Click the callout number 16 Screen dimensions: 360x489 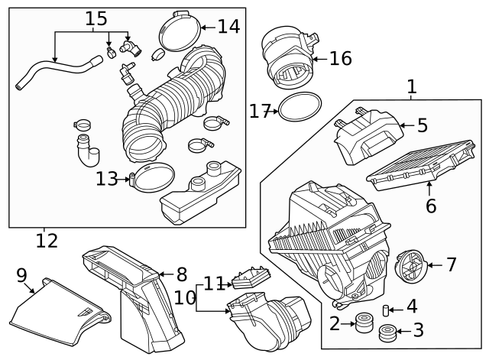pos(342,58)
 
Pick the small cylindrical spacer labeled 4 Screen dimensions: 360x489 pos(387,310)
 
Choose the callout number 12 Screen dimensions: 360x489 pos(47,242)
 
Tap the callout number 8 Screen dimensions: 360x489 pos(182,274)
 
